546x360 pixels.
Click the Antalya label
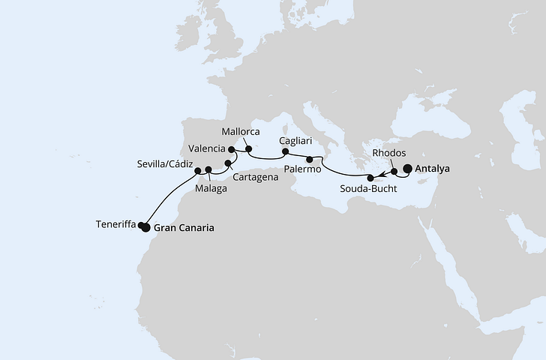pos(433,169)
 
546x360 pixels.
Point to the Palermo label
pos(303,170)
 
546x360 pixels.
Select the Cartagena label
pos(255,178)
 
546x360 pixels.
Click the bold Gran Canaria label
pos(184,228)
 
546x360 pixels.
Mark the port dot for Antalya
pos(409,169)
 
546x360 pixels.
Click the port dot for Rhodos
pos(394,172)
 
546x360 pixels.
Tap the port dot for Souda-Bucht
pos(370,178)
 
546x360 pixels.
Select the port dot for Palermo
pos(310,158)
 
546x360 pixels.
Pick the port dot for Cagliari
pos(285,151)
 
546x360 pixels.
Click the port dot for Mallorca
pos(248,149)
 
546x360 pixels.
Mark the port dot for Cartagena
pos(228,162)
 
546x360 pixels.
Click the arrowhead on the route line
pos(383,175)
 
